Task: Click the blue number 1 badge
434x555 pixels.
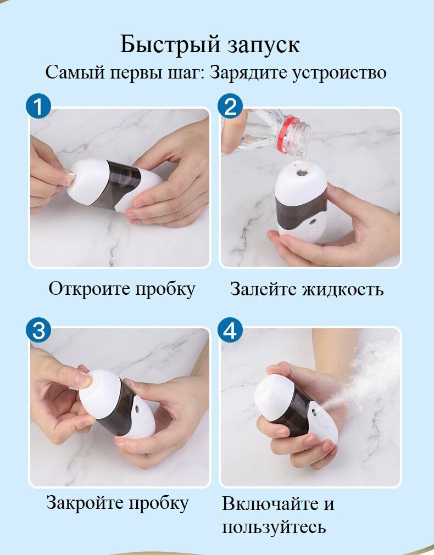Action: (x=38, y=106)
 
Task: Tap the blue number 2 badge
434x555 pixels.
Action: (x=230, y=105)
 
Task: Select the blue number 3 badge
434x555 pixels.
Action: (x=38, y=330)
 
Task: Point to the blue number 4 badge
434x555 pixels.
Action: (x=230, y=330)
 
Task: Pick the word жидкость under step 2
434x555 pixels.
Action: (x=343, y=289)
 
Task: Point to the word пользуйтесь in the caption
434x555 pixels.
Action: (x=274, y=527)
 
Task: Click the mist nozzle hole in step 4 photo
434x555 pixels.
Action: (x=314, y=412)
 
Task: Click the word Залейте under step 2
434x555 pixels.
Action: (x=264, y=289)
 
